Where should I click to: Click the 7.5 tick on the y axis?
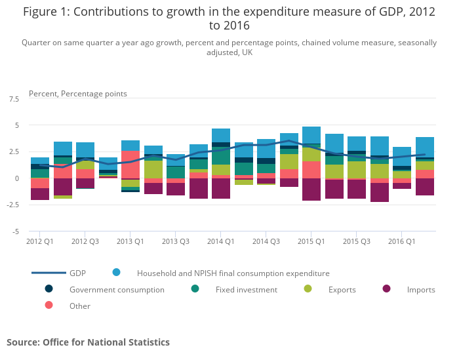(x=12, y=98)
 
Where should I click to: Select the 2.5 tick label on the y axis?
(x=12, y=151)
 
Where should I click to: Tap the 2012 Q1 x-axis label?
(x=40, y=241)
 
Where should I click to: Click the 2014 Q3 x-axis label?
(x=266, y=241)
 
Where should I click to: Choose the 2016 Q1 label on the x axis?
(x=401, y=241)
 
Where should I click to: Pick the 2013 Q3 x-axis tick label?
(x=175, y=241)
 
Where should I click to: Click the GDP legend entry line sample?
(x=49, y=273)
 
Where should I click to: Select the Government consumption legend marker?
(x=49, y=289)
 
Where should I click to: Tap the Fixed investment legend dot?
(x=195, y=289)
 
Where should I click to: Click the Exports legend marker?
(x=308, y=289)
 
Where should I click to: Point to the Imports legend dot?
(x=386, y=289)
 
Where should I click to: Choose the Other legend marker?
(x=49, y=305)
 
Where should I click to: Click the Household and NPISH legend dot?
(x=117, y=272)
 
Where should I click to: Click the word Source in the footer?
(x=23, y=342)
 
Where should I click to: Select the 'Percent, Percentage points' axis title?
(x=78, y=94)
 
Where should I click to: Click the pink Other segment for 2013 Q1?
(x=130, y=164)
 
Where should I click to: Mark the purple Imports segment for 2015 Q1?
(x=311, y=189)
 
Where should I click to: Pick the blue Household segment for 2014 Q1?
(x=220, y=135)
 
